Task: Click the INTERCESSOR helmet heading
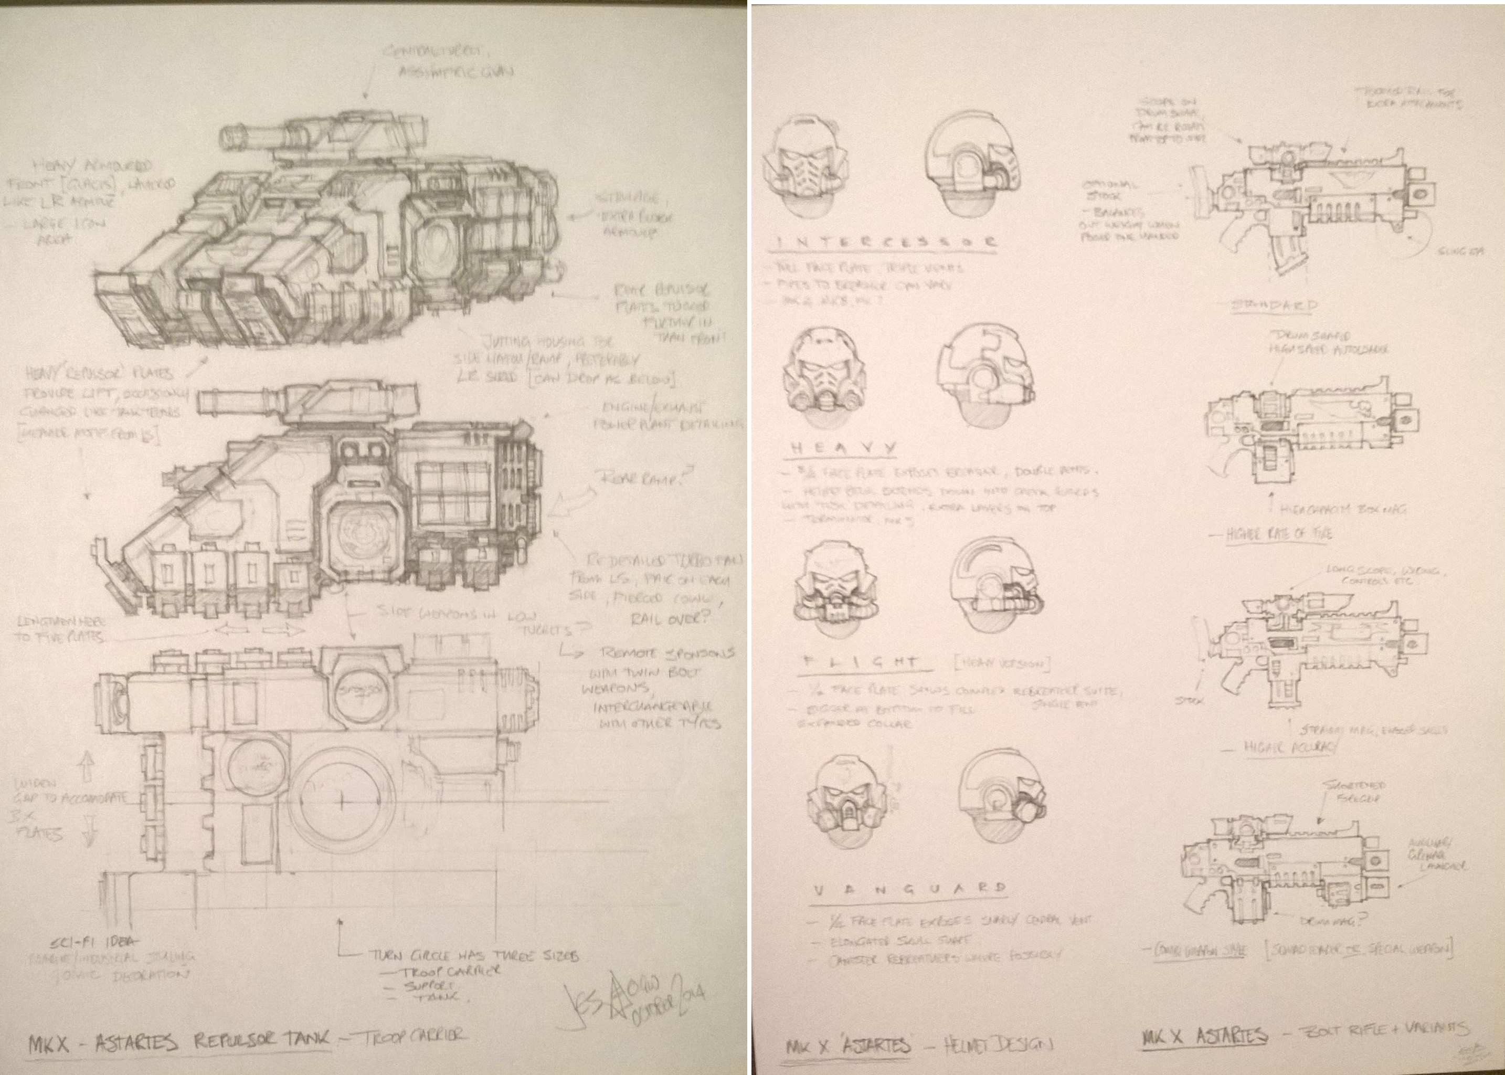884,243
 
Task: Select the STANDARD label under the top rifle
1275,305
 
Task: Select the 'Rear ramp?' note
639,477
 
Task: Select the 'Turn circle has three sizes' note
473,956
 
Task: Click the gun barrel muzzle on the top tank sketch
229,136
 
